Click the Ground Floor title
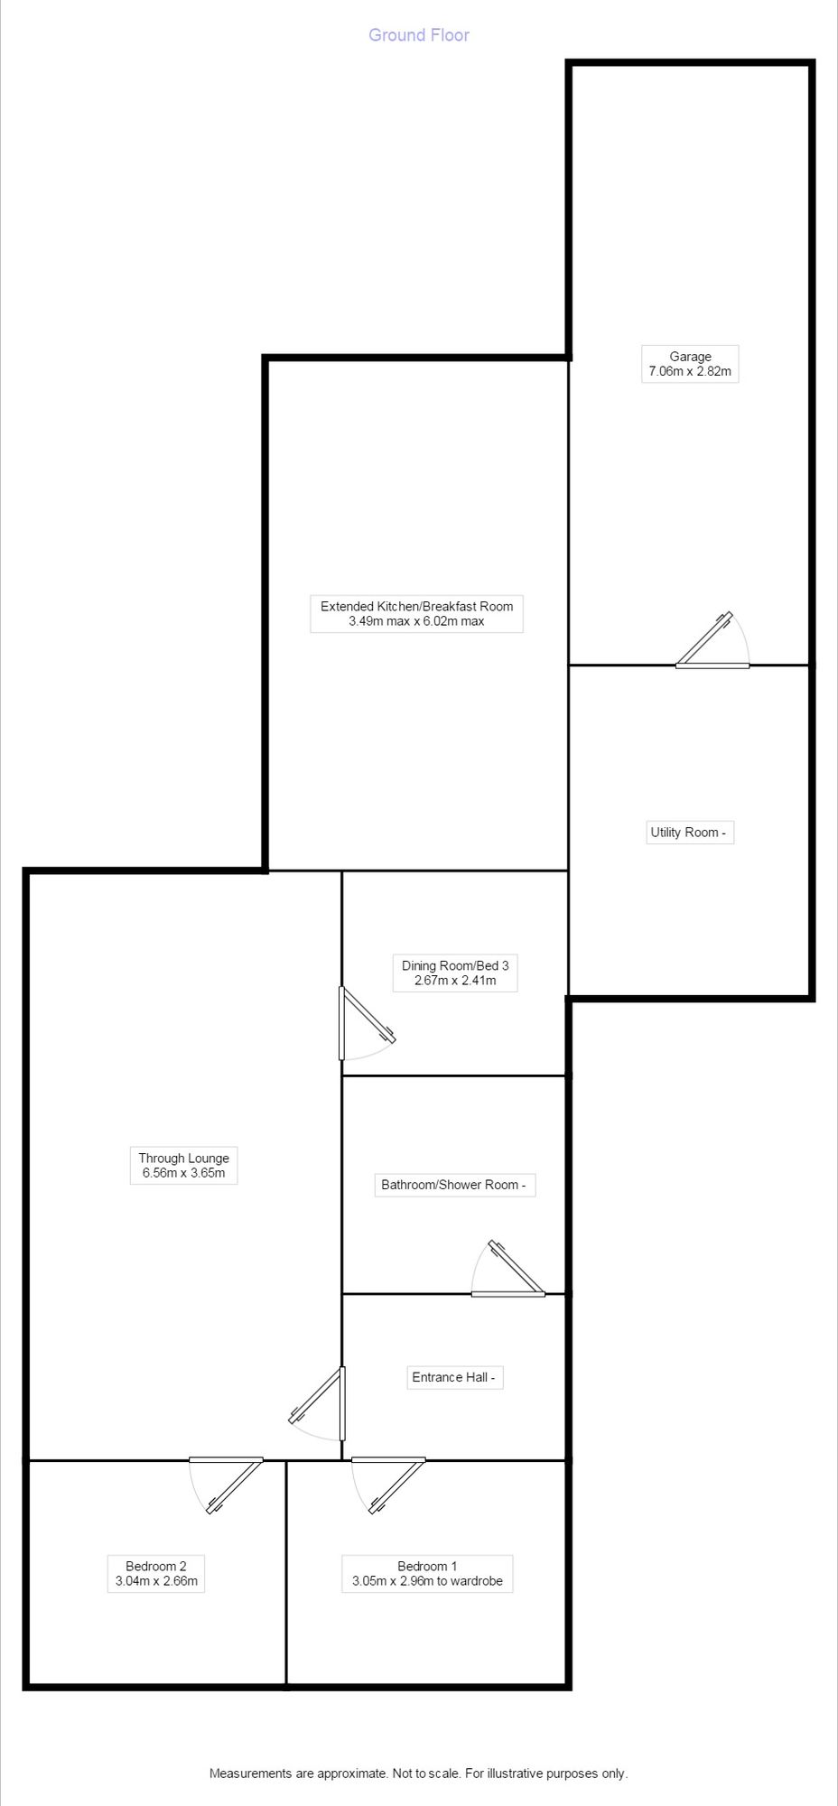pos(419,35)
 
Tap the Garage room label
pos(690,357)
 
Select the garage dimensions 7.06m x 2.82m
pos(690,372)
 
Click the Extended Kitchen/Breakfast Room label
pos(416,606)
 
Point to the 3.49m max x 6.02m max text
pos(416,621)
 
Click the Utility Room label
pos(688,833)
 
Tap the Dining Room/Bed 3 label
pos(455,965)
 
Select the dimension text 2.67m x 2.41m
pos(455,981)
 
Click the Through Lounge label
pos(183,1158)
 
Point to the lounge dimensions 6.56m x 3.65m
pos(183,1174)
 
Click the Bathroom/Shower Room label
pos(454,1185)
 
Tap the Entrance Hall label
pos(454,1377)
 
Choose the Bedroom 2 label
pos(156,1566)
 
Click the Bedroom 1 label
pos(427,1566)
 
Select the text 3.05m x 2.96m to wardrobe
pos(427,1581)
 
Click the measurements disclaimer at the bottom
pos(419,1773)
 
